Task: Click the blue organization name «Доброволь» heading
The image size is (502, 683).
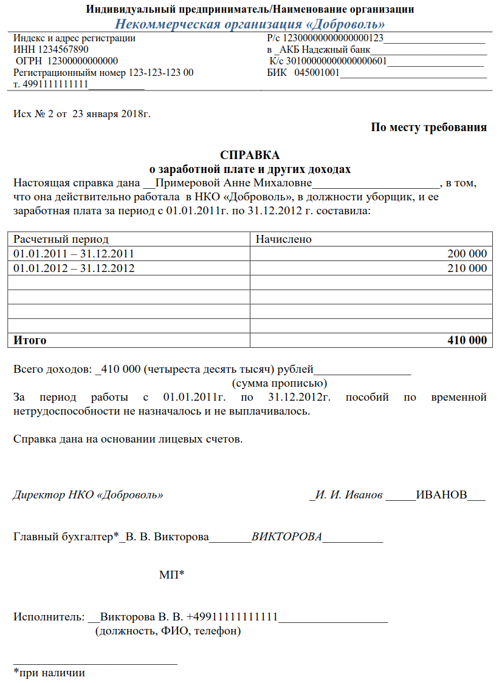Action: pyautogui.click(x=250, y=24)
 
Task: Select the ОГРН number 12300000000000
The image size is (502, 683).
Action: pyautogui.click(x=82, y=61)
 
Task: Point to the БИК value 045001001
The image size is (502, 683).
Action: pyautogui.click(x=317, y=73)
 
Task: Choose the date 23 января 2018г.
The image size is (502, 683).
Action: pyautogui.click(x=111, y=114)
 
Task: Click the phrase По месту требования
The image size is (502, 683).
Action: pyautogui.click(x=428, y=127)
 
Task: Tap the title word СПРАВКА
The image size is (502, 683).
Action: pyautogui.click(x=250, y=155)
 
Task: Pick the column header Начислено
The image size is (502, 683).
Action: pyautogui.click(x=283, y=239)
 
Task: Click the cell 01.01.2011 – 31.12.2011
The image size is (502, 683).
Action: pyautogui.click(x=74, y=253)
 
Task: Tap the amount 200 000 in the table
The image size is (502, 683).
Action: pyautogui.click(x=467, y=253)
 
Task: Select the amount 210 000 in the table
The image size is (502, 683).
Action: pyautogui.click(x=467, y=268)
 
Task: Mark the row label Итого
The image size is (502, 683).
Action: pyautogui.click(x=30, y=340)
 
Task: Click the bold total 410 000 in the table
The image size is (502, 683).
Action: pyautogui.click(x=467, y=340)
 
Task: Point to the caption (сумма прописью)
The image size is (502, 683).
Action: pyautogui.click(x=280, y=383)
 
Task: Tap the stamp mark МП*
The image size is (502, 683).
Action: pyautogui.click(x=171, y=574)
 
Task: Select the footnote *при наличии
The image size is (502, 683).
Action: pyautogui.click(x=49, y=672)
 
